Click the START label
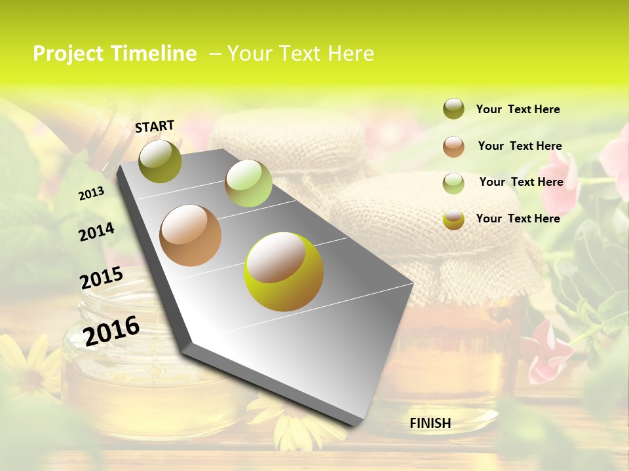click(155, 126)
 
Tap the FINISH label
click(430, 423)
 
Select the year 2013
click(92, 194)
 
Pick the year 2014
click(96, 232)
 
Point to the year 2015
click(101, 278)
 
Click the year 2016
click(111, 330)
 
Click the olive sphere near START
click(160, 161)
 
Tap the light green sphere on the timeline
click(248, 183)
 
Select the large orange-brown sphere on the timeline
click(191, 235)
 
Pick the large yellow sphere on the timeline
click(284, 271)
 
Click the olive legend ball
click(453, 109)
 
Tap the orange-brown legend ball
click(453, 146)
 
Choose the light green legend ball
click(453, 183)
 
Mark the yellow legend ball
click(453, 219)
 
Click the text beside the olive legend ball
click(518, 109)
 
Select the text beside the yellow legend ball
click(518, 218)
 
